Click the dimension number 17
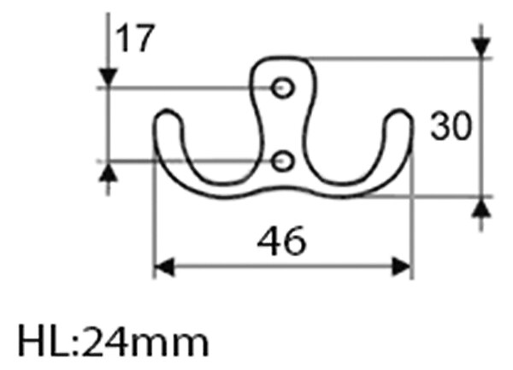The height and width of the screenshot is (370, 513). click(x=135, y=38)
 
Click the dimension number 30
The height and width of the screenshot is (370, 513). click(x=451, y=126)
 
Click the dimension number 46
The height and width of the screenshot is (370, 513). click(x=281, y=241)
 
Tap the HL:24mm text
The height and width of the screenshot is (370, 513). click(x=114, y=340)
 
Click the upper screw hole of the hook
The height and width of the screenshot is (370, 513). click(x=282, y=88)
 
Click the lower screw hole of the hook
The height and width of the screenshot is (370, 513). click(x=282, y=161)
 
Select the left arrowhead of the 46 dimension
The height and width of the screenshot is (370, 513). click(x=164, y=267)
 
